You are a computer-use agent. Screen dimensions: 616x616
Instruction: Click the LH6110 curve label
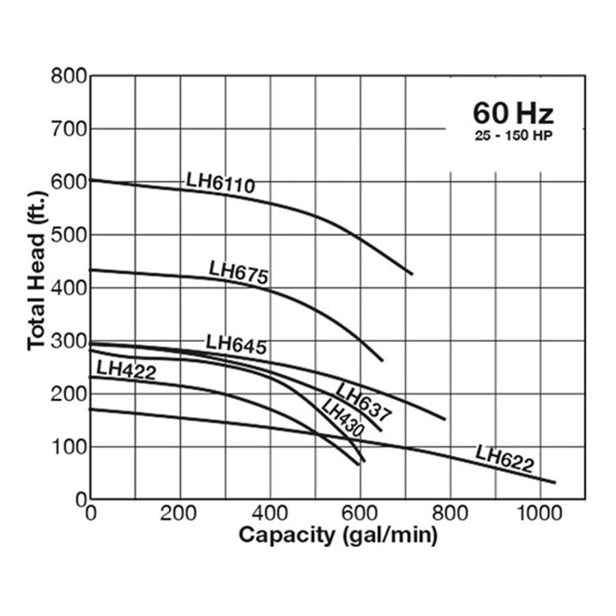click(x=220, y=183)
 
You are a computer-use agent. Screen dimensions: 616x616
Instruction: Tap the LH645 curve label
click(x=236, y=344)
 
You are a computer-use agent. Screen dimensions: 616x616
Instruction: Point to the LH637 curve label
click(x=363, y=401)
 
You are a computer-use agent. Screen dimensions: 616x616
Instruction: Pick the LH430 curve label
click(x=342, y=418)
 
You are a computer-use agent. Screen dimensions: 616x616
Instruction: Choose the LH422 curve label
click(x=126, y=370)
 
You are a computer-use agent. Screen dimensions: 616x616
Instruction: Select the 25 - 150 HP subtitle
click(x=513, y=136)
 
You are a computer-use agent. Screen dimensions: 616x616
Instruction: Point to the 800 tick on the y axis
click(x=68, y=76)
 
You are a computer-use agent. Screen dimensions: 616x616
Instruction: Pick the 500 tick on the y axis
click(x=68, y=235)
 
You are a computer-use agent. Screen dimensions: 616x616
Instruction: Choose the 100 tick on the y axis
click(x=68, y=446)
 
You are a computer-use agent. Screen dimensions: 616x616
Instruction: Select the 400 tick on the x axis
click(x=270, y=513)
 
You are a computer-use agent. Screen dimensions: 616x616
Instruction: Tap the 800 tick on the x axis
click(x=450, y=513)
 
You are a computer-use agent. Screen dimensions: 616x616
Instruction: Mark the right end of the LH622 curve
click(x=555, y=483)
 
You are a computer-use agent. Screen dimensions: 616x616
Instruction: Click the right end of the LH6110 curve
click(x=412, y=274)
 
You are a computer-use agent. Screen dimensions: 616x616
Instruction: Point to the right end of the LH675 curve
click(x=383, y=360)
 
